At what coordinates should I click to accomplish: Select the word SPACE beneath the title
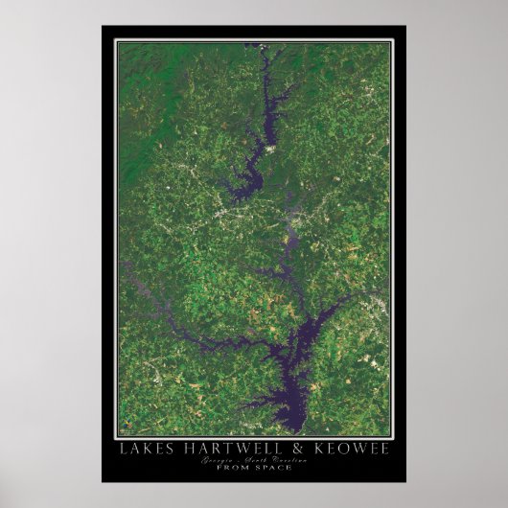(x=274, y=471)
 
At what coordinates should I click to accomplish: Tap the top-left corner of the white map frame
(x=116, y=40)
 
